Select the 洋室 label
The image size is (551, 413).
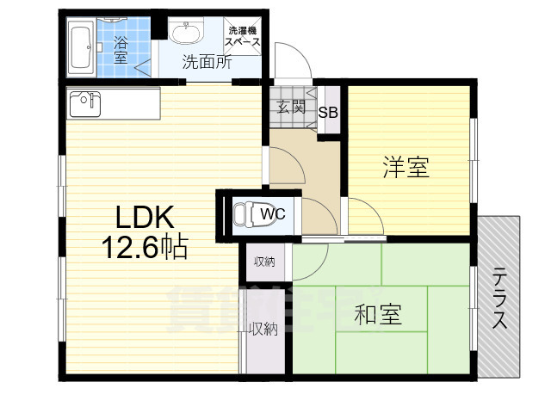click(406, 167)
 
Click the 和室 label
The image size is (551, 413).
click(378, 315)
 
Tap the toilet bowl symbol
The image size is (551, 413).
click(247, 212)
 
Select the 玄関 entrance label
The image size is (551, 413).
click(291, 107)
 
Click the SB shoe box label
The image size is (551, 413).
click(328, 112)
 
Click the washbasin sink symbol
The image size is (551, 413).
click(184, 33)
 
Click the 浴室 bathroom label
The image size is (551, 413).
click(120, 48)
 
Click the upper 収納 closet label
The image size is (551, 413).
click(264, 262)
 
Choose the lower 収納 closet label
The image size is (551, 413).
click(263, 328)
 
